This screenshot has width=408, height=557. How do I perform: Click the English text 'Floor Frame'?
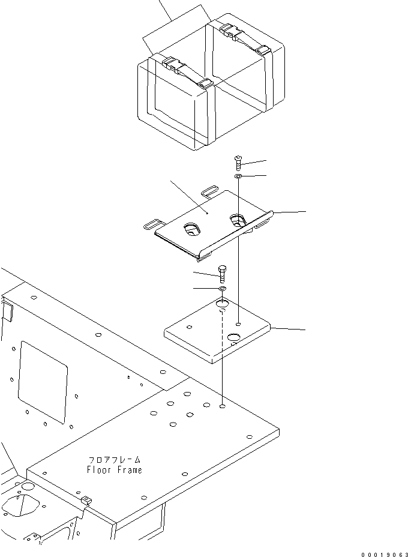click(x=114, y=470)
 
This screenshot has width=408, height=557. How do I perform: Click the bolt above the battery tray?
click(x=239, y=161)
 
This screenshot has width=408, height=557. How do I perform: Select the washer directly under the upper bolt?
click(x=239, y=176)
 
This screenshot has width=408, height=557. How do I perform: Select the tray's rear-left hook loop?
click(x=209, y=191)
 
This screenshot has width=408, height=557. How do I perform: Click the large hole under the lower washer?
click(x=223, y=306)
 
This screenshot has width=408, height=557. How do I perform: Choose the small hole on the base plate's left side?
click(x=190, y=327)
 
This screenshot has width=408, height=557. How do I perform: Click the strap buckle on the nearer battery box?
click(x=171, y=64)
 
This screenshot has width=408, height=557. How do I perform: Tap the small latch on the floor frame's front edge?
click(x=86, y=499)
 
